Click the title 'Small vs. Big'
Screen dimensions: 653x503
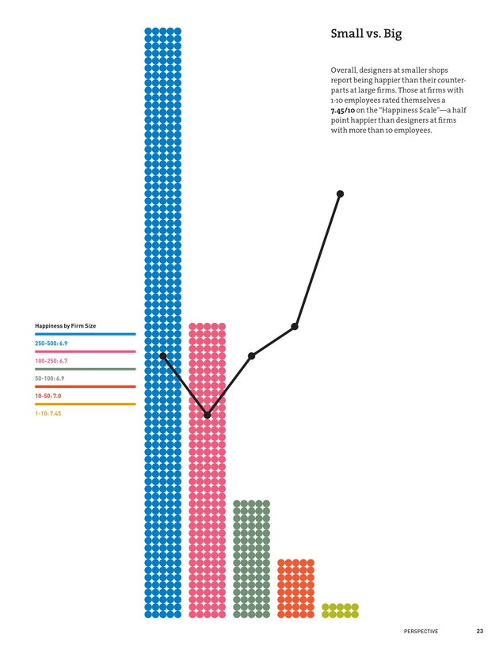(372, 35)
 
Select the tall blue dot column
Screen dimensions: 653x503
(163, 237)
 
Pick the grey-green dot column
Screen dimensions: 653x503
(252, 559)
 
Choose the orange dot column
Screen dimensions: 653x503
(296, 588)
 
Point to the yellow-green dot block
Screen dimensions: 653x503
(341, 610)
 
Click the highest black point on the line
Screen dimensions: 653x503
(341, 194)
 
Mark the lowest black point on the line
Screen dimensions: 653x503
(208, 415)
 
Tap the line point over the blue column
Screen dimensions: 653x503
(163, 356)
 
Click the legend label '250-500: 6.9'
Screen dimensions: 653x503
(51, 344)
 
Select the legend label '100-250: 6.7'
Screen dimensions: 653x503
(51, 361)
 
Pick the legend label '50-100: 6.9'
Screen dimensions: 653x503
(50, 378)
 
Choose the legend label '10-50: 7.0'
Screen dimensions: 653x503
(48, 395)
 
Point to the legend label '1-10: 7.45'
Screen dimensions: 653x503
(48, 413)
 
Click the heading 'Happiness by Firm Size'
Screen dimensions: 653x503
(66, 326)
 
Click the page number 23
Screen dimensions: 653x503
(480, 631)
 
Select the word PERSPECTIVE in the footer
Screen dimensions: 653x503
(421, 631)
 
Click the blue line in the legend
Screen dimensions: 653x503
(86, 334)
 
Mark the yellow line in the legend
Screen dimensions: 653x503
(86, 404)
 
